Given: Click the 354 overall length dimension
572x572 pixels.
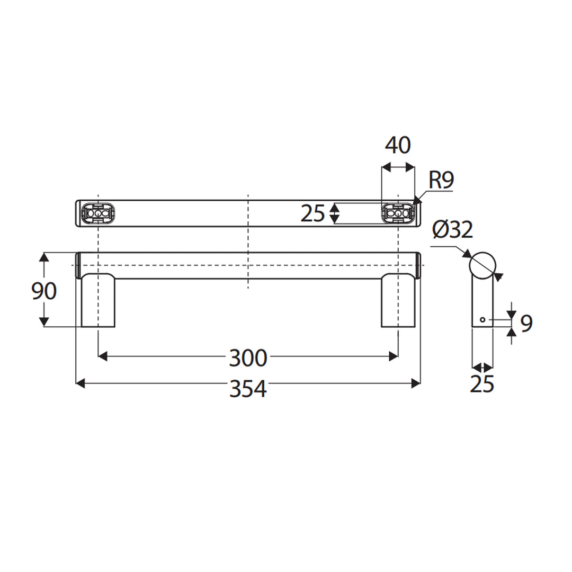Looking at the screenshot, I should click(248, 389).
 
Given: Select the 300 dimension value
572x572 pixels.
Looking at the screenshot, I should click(248, 359).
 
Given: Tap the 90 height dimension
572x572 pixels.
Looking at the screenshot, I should click(44, 291).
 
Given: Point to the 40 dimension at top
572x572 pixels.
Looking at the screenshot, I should click(398, 145).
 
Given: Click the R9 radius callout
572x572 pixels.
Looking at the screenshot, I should click(441, 181).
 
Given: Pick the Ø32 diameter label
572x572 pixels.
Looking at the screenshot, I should click(452, 230).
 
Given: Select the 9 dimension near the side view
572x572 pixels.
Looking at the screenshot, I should click(525, 323).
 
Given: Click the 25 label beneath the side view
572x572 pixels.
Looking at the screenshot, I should click(482, 384).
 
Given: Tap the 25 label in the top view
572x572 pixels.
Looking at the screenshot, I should click(312, 213).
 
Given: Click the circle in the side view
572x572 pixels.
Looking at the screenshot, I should click(482, 265).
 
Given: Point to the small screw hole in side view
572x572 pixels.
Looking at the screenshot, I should click(482, 320).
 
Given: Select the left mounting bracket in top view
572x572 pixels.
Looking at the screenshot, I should click(98, 213).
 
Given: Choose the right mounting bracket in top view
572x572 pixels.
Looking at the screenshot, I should click(397, 213).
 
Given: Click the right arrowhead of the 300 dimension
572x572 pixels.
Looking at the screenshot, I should click(394, 356).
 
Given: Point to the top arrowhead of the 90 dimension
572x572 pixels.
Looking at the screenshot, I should click(44, 257).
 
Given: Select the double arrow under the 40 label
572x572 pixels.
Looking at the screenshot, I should click(398, 167).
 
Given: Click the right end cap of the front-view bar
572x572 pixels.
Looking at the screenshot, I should click(418, 265).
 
